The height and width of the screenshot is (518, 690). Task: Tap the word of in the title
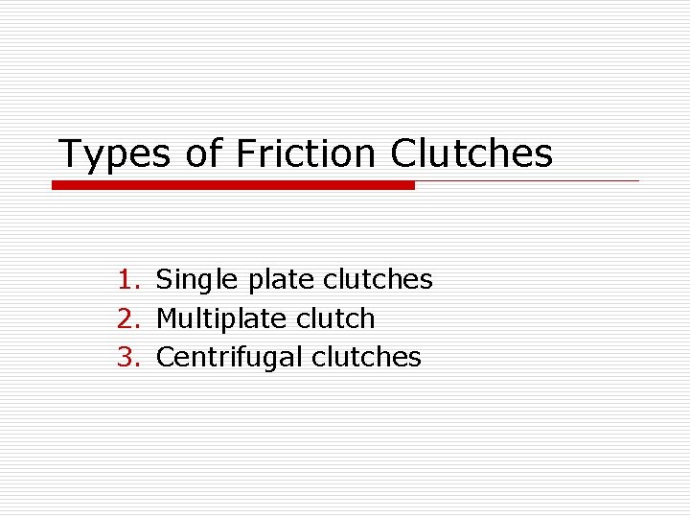pos(203,153)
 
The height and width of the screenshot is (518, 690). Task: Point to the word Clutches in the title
pos(471,153)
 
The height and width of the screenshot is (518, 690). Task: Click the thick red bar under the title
pos(233,185)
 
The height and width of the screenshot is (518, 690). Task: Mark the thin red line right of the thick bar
pos(527,180)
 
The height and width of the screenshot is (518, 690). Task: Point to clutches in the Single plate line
pos(378,280)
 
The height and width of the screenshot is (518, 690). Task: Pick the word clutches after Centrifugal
pos(366,357)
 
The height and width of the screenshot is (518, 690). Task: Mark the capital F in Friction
pos(244,153)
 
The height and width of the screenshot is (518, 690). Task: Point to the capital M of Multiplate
pos(167,318)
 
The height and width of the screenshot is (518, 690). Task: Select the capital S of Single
pos(164,280)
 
